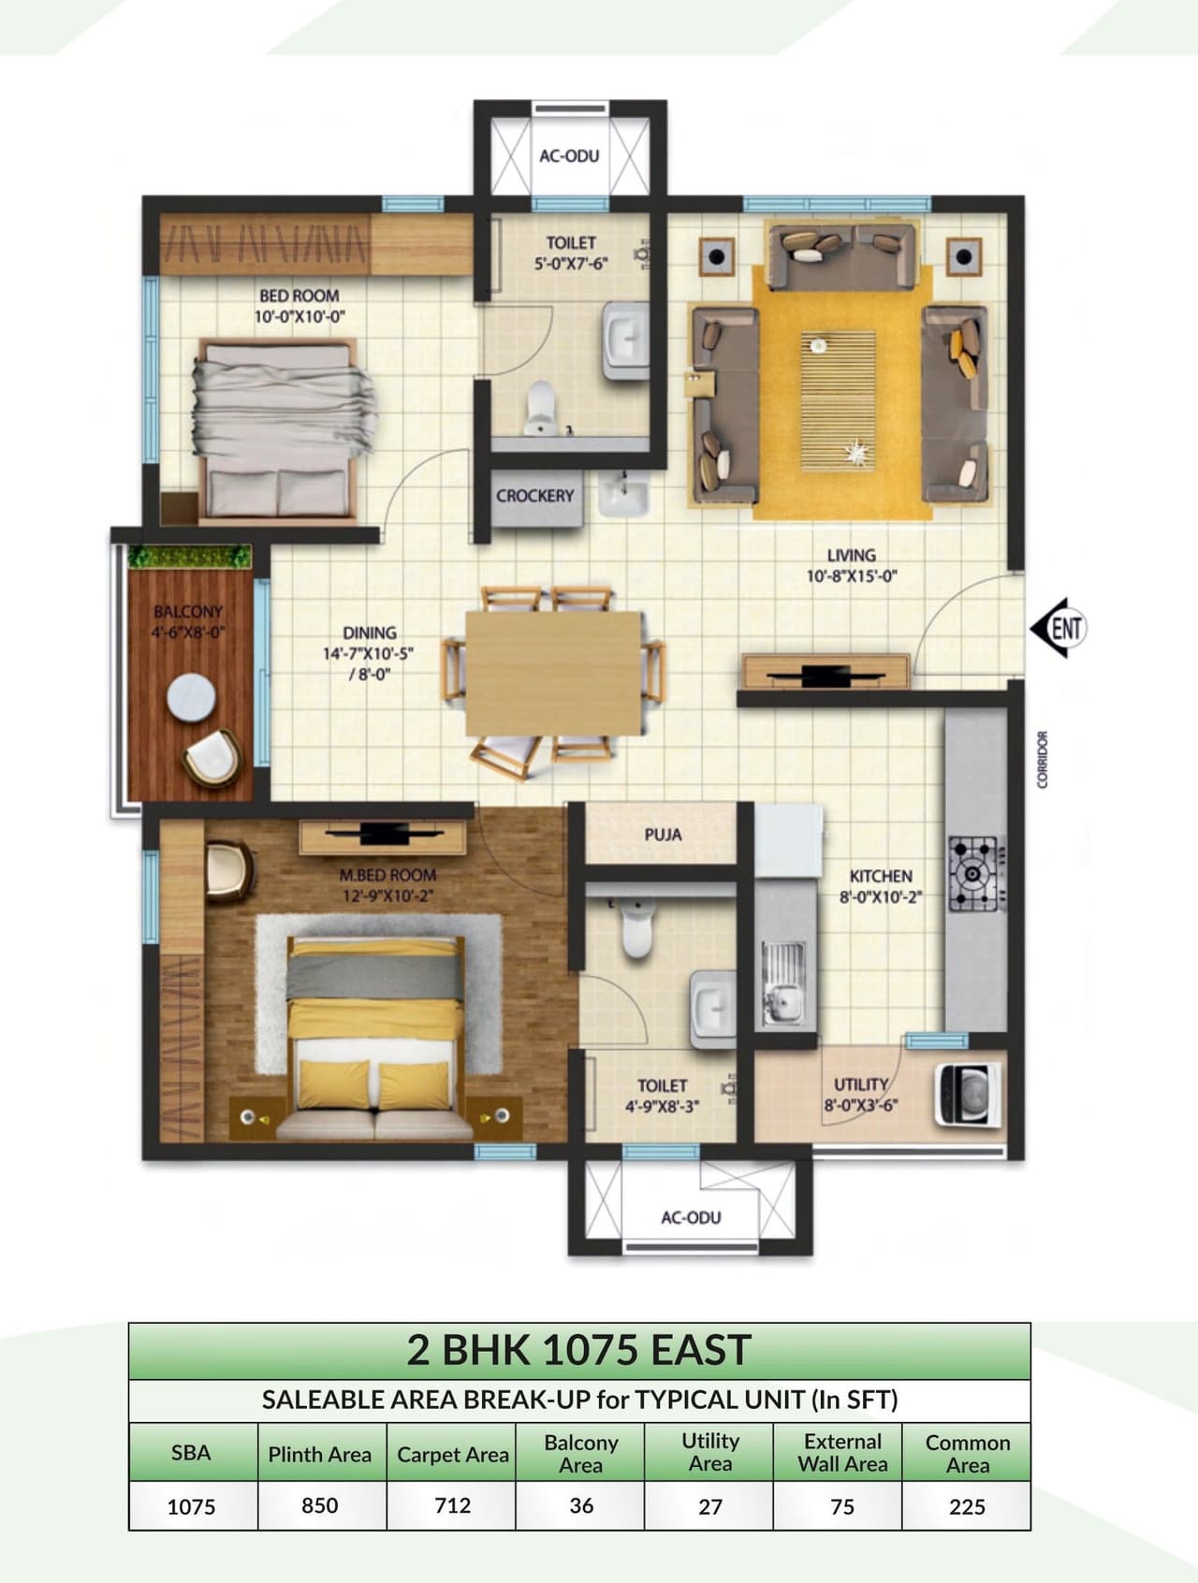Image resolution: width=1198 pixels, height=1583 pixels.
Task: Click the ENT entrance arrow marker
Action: click(1059, 628)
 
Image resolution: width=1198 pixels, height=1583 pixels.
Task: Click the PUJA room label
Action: click(663, 835)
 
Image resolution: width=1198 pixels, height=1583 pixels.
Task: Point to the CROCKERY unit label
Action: click(534, 496)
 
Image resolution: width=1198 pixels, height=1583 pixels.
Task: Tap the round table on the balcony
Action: click(192, 697)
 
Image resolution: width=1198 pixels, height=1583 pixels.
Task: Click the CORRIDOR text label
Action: click(1044, 760)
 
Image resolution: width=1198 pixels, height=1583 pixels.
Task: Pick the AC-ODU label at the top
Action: click(569, 155)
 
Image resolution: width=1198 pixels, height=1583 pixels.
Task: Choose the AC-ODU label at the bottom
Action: click(691, 1217)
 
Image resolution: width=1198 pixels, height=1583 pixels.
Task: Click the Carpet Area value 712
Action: click(452, 1505)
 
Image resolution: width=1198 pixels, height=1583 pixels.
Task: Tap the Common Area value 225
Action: click(967, 1506)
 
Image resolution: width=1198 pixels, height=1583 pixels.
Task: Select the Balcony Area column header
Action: click(580, 1453)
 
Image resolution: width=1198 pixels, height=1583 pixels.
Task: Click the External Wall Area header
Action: click(842, 1453)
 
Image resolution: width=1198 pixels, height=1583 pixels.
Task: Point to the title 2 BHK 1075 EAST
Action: click(578, 1350)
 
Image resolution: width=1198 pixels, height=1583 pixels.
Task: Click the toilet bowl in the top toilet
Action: click(541, 406)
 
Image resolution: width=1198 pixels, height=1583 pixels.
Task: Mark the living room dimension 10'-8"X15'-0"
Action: click(851, 576)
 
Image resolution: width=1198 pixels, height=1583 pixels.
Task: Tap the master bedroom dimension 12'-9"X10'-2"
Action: click(387, 896)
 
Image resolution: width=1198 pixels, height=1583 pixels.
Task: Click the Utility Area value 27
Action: click(709, 1506)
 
